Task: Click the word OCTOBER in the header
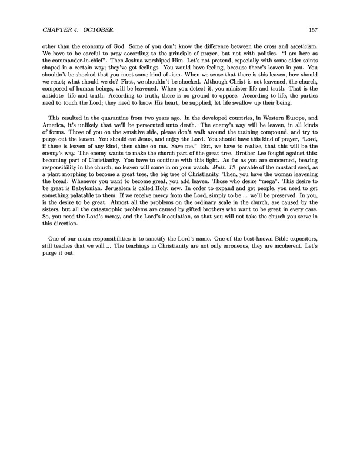click(x=98, y=30)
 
